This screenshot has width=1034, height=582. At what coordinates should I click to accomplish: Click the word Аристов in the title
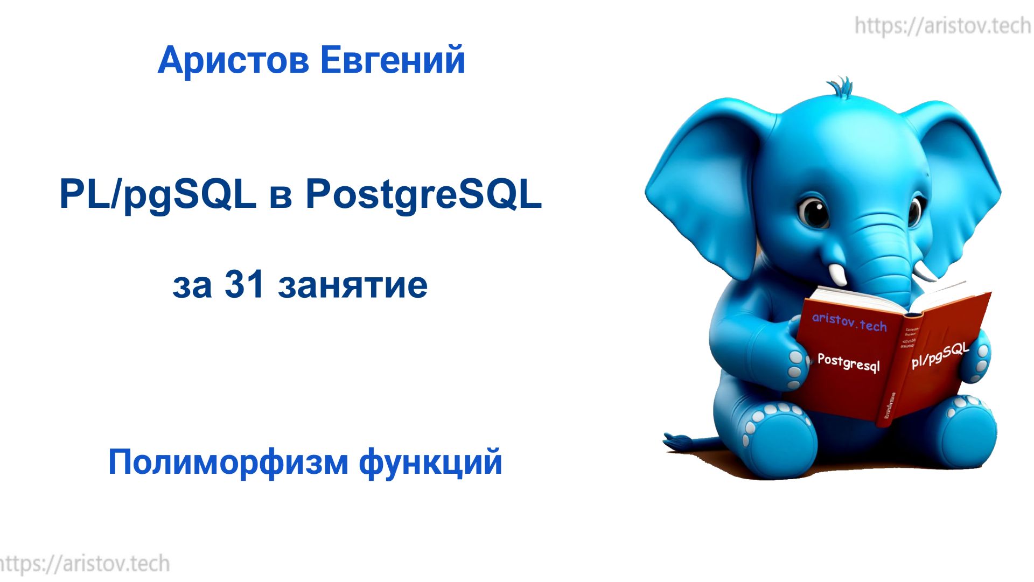click(x=233, y=60)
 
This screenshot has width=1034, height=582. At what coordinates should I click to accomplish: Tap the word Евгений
click(x=393, y=60)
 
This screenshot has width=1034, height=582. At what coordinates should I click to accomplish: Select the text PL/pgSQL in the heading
click(x=157, y=195)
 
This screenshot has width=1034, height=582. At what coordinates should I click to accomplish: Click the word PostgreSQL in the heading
click(x=423, y=195)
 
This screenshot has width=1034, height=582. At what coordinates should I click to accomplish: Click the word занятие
click(x=353, y=285)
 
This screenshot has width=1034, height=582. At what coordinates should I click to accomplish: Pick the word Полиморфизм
click(x=228, y=462)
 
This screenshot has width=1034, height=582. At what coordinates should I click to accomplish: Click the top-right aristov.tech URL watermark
click(x=942, y=26)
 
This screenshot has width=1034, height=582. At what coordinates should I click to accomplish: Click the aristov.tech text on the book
click(x=849, y=322)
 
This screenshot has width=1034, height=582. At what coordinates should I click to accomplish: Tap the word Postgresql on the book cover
click(x=848, y=362)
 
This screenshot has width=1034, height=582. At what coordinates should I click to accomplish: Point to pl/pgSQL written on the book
click(x=940, y=356)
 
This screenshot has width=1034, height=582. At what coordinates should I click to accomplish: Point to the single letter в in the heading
click(x=281, y=197)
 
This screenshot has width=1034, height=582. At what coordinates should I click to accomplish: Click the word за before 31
click(x=192, y=286)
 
